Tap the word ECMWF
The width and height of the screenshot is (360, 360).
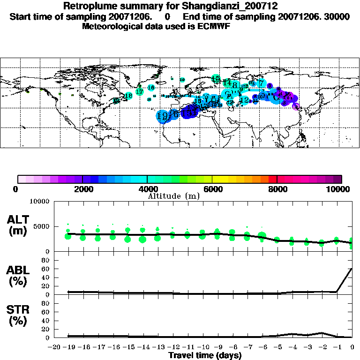(x=214, y=26)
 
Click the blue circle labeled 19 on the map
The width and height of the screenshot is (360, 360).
(x=162, y=116)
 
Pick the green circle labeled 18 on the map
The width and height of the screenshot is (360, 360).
(x=128, y=96)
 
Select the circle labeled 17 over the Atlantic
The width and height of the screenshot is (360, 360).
(x=140, y=91)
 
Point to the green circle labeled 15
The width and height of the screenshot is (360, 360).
(x=216, y=79)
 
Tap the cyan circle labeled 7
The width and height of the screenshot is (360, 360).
(x=261, y=83)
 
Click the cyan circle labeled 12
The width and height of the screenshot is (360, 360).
(x=244, y=100)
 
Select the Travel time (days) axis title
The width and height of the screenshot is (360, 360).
(x=205, y=355)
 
